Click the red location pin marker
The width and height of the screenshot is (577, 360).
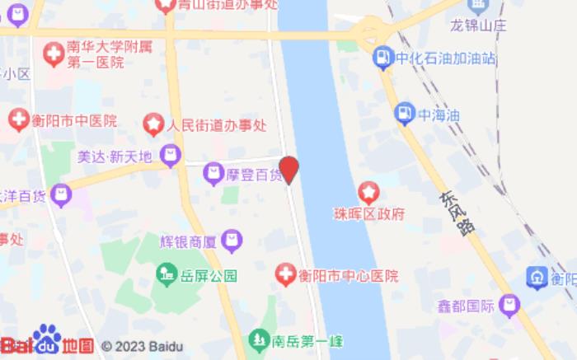[x=288, y=169]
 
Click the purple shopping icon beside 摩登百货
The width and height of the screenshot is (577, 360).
[x=214, y=173]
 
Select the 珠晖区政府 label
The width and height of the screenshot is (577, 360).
[x=381, y=213]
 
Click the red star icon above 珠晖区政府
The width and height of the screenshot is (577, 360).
[x=368, y=194]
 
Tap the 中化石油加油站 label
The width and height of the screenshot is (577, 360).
[x=446, y=58]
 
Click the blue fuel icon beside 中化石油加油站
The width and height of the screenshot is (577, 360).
[x=383, y=58]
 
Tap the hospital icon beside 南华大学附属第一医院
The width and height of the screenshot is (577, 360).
[x=54, y=54]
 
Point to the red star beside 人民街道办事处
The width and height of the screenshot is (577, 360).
[x=153, y=125]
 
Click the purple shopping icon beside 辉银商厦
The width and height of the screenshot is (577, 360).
[x=232, y=241]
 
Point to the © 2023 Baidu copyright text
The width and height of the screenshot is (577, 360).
[x=143, y=347]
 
